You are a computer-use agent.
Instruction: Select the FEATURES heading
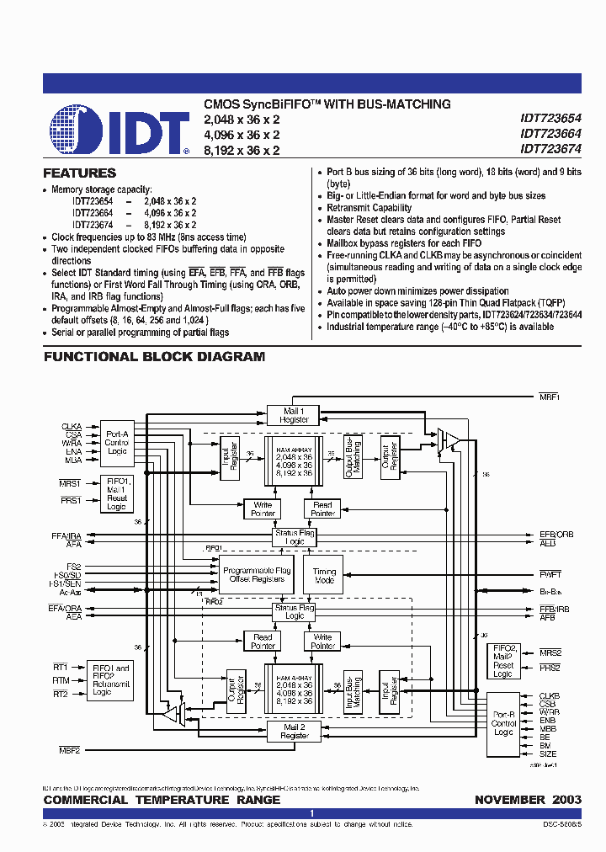pos(80,173)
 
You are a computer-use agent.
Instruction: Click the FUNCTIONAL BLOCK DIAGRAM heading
pos(154,356)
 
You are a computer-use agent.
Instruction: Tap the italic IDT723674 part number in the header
pos(550,149)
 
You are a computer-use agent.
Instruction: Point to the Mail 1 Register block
pos(295,415)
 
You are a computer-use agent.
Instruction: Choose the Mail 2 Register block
pos(295,731)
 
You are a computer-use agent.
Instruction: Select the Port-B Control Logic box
pos(503,722)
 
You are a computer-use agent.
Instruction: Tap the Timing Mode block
pos(324,576)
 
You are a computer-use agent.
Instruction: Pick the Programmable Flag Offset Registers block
pos(258,575)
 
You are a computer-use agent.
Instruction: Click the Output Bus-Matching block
pos(353,458)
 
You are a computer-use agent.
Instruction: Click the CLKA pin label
pos(72,426)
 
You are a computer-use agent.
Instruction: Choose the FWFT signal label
pos(550,574)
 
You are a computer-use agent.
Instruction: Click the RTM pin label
pos(61,680)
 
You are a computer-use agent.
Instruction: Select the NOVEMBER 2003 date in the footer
pos(528,799)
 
